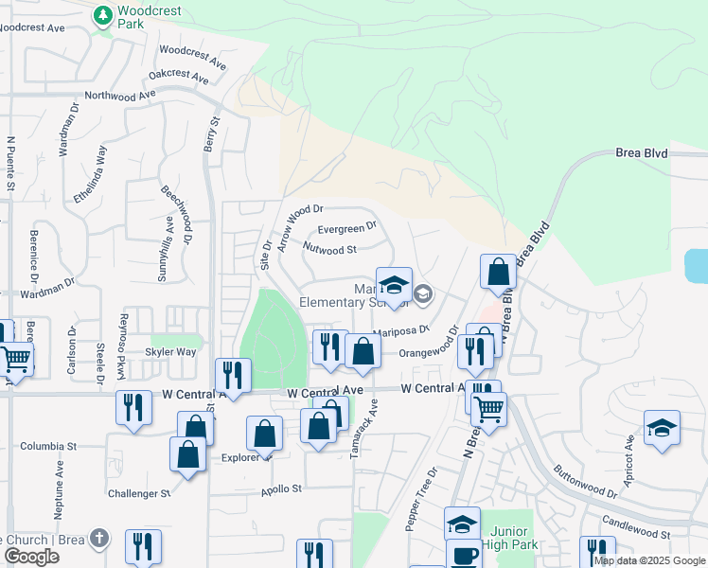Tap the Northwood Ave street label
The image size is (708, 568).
coord(119,96)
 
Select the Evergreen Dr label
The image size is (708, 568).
coord(347,228)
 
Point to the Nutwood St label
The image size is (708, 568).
coord(329,250)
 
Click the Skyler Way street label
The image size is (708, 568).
coord(170,351)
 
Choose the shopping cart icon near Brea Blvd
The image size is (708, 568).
coord(488,409)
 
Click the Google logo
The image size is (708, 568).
coord(32,557)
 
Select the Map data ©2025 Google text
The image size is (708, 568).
coord(649,560)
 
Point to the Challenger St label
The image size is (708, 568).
coord(138,493)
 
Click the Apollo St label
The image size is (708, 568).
coord(281,489)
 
